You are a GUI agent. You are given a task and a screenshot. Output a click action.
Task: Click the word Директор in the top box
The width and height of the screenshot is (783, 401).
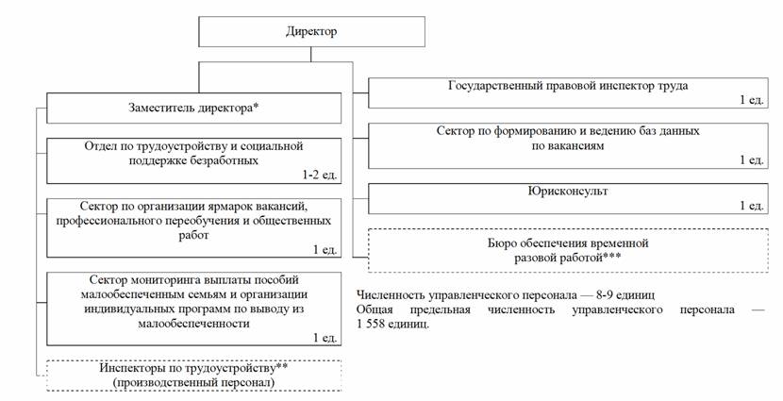[311, 32]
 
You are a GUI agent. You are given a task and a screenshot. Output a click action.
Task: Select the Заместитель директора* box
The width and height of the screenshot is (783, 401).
[192, 108]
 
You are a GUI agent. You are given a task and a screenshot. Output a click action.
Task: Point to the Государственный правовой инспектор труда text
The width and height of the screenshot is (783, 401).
[568, 85]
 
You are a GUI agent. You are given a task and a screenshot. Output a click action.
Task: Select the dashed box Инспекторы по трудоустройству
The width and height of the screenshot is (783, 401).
[192, 375]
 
